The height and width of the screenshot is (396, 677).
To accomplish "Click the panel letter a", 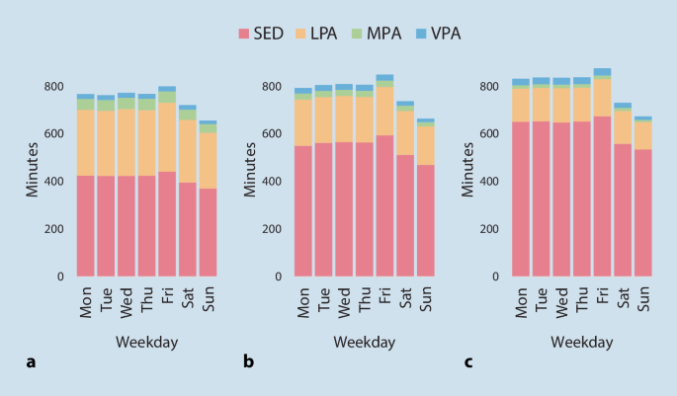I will [31, 362].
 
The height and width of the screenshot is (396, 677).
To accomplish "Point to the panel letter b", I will [248, 362].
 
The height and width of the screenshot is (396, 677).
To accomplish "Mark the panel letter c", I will [468, 362].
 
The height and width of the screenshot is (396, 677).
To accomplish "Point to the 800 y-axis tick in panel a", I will [52, 87].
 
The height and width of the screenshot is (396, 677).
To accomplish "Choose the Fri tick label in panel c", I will [602, 296].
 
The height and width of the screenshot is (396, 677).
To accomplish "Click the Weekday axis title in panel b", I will [365, 342].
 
